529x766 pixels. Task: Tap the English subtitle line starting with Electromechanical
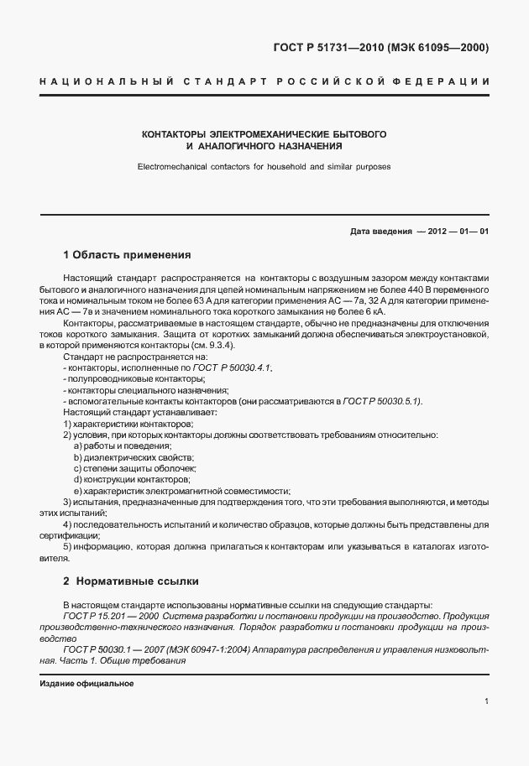(264, 166)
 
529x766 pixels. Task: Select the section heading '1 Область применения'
(128, 254)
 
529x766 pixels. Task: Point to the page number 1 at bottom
(486, 701)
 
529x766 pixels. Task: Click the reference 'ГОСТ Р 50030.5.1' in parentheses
(382, 402)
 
